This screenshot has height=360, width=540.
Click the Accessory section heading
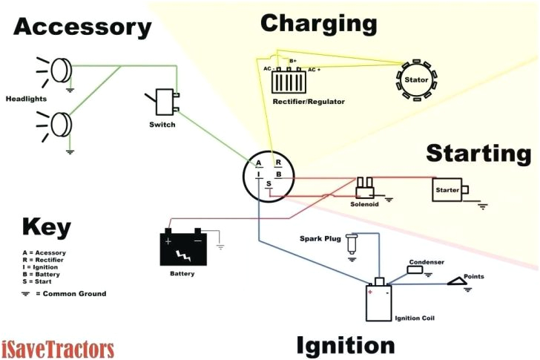click(82, 27)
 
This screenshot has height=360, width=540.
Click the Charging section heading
click(318, 24)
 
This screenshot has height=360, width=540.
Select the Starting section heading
click(478, 154)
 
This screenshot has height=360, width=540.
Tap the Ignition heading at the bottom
click(346, 345)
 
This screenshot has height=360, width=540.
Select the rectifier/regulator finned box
click(290, 80)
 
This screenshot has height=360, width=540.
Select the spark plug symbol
click(352, 243)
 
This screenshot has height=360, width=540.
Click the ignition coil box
click(380, 301)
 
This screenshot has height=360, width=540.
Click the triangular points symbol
click(458, 281)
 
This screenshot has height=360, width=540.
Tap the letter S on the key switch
click(269, 183)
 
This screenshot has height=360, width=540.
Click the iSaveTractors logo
click(58, 348)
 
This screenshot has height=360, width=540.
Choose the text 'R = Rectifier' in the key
click(43, 260)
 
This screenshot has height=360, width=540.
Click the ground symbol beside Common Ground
click(27, 294)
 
